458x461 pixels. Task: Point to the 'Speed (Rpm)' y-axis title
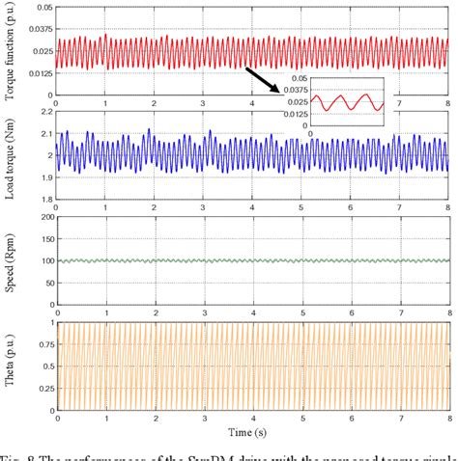[9, 260]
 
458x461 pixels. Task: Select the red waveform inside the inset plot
[345, 101]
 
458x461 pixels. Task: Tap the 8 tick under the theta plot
[446, 418]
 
